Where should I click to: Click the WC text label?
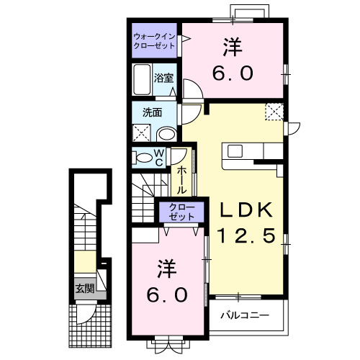pyautogui.click(x=161, y=158)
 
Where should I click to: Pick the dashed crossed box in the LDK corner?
pyautogui.click(x=274, y=112)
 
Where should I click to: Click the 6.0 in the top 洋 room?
pyautogui.click(x=231, y=74)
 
